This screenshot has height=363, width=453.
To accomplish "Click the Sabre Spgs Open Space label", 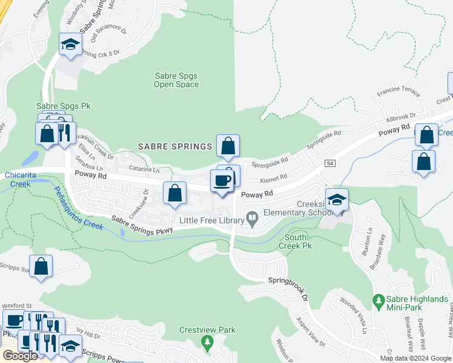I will pyautogui.click(x=176, y=80).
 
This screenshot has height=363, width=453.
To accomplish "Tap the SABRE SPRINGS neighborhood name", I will pyautogui.click(x=176, y=146).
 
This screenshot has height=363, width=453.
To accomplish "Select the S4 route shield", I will pyautogui.click(x=330, y=163).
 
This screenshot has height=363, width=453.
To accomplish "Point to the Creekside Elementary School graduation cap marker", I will pyautogui.click(x=337, y=199).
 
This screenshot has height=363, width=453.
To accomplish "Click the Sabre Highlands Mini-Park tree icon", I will pyautogui.click(x=379, y=300).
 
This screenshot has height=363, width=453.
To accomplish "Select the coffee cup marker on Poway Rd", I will pyautogui.click(x=222, y=180).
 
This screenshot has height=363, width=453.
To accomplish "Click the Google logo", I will pyautogui.click(x=20, y=356).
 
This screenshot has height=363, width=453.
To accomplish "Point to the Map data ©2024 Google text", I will pyautogui.click(x=415, y=358).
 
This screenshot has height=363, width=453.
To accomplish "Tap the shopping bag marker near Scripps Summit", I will pyautogui.click(x=41, y=267).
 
